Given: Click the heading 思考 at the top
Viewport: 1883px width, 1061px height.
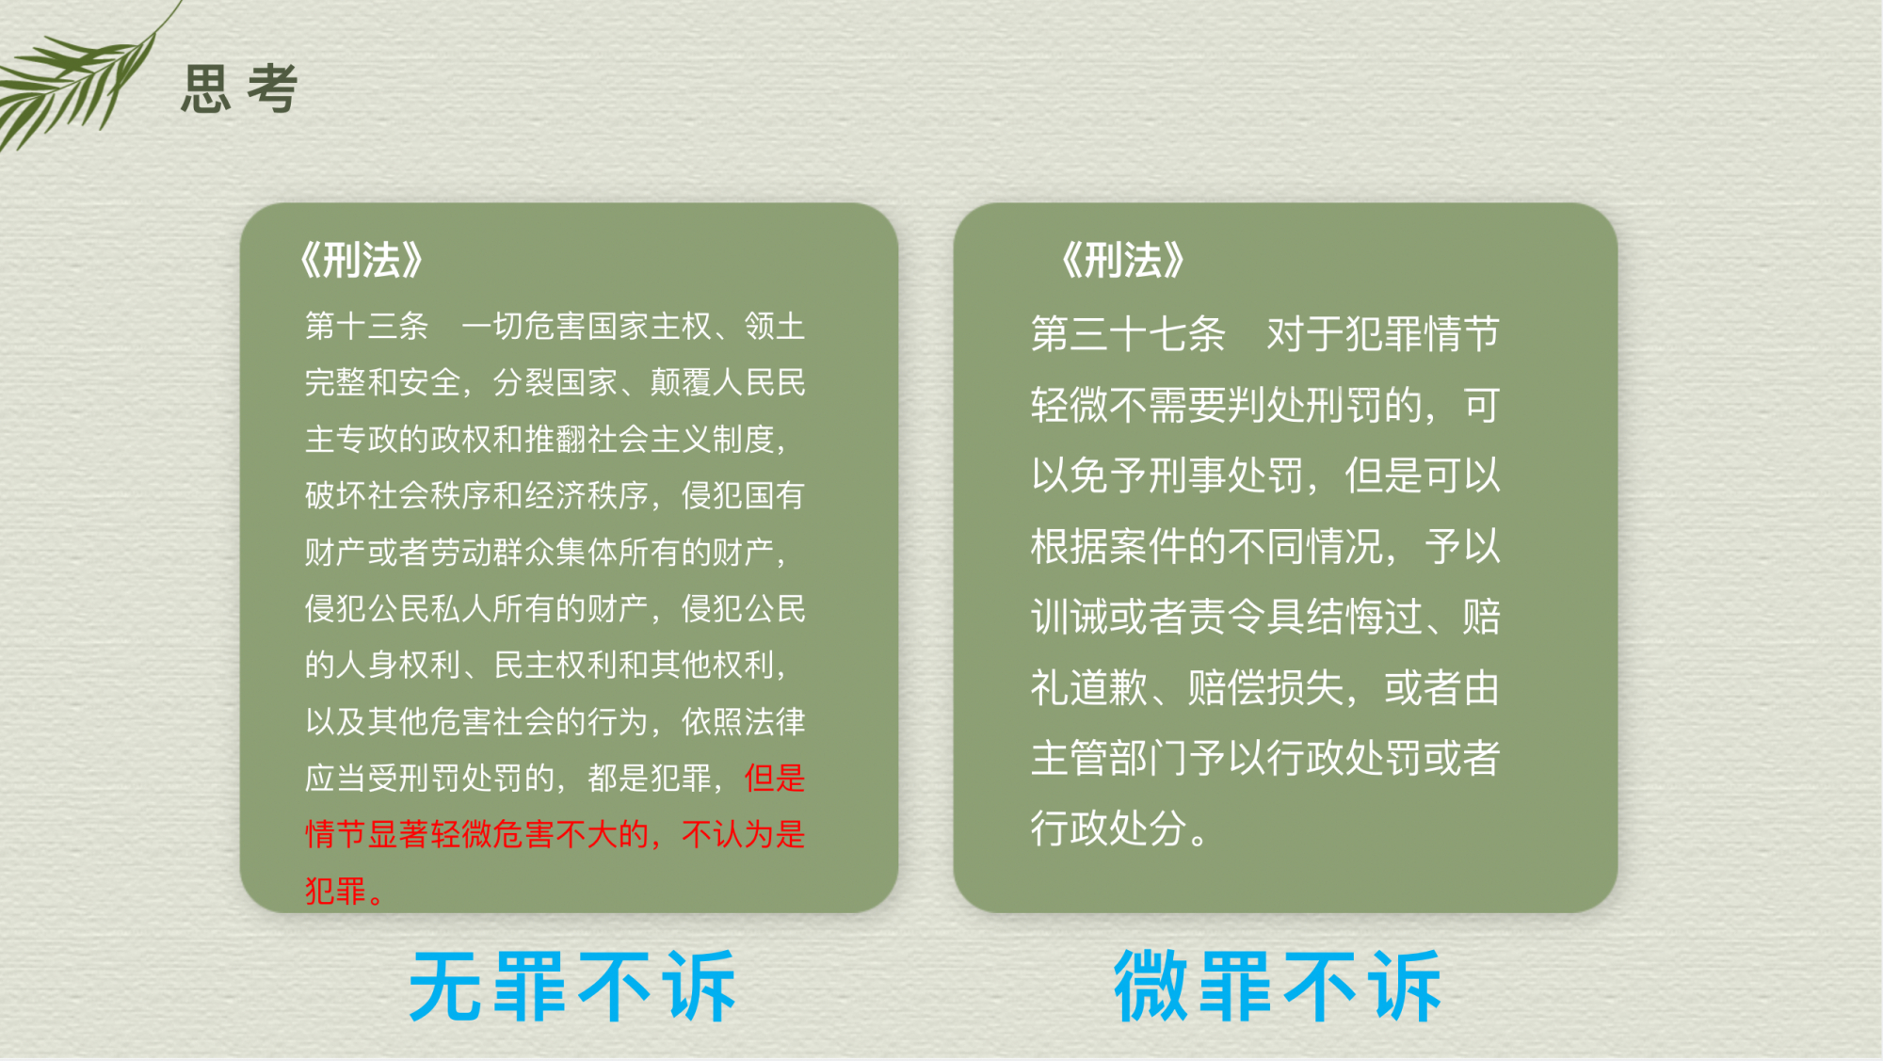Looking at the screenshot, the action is click(239, 89).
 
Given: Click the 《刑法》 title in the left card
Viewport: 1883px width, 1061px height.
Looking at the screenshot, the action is click(362, 260).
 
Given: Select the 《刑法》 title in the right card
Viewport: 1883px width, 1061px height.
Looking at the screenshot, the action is click(1122, 260).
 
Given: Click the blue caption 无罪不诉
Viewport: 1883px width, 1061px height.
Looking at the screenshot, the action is click(572, 986).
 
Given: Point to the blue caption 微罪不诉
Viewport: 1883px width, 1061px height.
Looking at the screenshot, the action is click(1278, 986).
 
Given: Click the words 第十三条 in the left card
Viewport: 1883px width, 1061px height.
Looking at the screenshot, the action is click(366, 326).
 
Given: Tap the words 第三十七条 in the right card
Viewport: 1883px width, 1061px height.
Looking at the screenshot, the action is click(1128, 334).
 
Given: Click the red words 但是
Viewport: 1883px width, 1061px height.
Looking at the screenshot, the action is click(775, 778).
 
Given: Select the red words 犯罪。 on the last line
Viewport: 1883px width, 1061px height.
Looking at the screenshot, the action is click(345, 891).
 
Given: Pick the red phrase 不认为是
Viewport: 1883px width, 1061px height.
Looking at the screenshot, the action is click(744, 834).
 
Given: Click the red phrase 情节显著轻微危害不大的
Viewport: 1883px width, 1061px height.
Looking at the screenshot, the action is click(476, 834).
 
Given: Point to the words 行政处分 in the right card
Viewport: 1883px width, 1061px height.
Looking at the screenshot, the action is click(1108, 828).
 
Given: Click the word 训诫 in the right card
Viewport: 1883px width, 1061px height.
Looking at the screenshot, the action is click(1070, 617).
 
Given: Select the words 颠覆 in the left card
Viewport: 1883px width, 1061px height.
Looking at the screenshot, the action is click(681, 382).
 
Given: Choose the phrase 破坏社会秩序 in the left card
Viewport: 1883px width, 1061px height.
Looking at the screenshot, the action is click(398, 495).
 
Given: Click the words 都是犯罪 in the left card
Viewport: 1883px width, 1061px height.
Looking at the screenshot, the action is click(650, 778).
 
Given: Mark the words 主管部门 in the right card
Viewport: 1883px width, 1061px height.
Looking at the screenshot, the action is click(1108, 758).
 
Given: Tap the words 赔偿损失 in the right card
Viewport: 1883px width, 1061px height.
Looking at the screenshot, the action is click(1265, 687).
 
